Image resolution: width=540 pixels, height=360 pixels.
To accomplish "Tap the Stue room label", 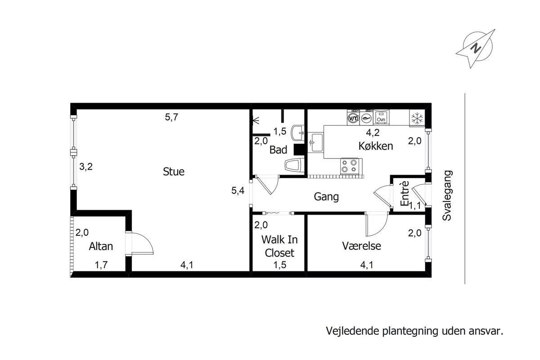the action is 174,172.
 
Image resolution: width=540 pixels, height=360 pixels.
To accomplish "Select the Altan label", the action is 101,247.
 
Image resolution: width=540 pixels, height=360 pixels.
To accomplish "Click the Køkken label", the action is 376,146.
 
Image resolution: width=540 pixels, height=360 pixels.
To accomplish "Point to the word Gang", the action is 326,197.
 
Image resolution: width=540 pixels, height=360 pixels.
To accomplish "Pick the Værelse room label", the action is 361,246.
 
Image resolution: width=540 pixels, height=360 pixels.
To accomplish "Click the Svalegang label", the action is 447,196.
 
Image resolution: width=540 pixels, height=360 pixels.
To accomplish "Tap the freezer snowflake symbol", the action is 417,118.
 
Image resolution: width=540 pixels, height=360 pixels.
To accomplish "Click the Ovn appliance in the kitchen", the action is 381,117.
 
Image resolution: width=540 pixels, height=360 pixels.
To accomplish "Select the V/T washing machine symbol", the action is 353,118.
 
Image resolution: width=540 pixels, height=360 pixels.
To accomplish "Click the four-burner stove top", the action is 349,166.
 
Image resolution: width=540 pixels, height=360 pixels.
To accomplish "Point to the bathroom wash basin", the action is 297,133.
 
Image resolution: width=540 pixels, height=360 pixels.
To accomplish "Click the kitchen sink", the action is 315,143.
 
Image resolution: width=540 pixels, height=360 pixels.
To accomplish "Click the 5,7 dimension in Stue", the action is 171,117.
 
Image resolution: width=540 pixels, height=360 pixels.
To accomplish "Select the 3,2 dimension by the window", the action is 86,166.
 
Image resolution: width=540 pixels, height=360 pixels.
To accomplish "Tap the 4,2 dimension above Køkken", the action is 373,132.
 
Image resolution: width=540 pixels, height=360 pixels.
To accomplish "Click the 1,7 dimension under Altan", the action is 101,265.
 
